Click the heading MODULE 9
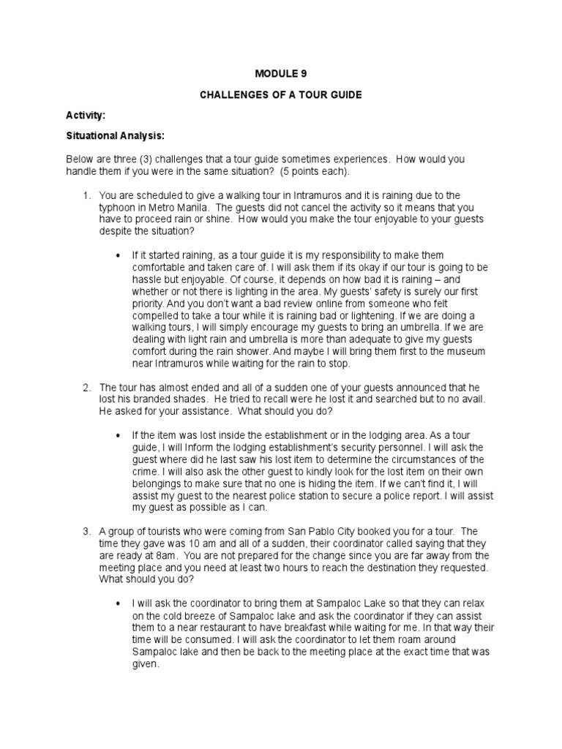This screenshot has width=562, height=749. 280,74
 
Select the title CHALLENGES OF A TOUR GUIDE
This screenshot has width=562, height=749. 280,95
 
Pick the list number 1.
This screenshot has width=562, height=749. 86,195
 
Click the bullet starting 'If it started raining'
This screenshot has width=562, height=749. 119,256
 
